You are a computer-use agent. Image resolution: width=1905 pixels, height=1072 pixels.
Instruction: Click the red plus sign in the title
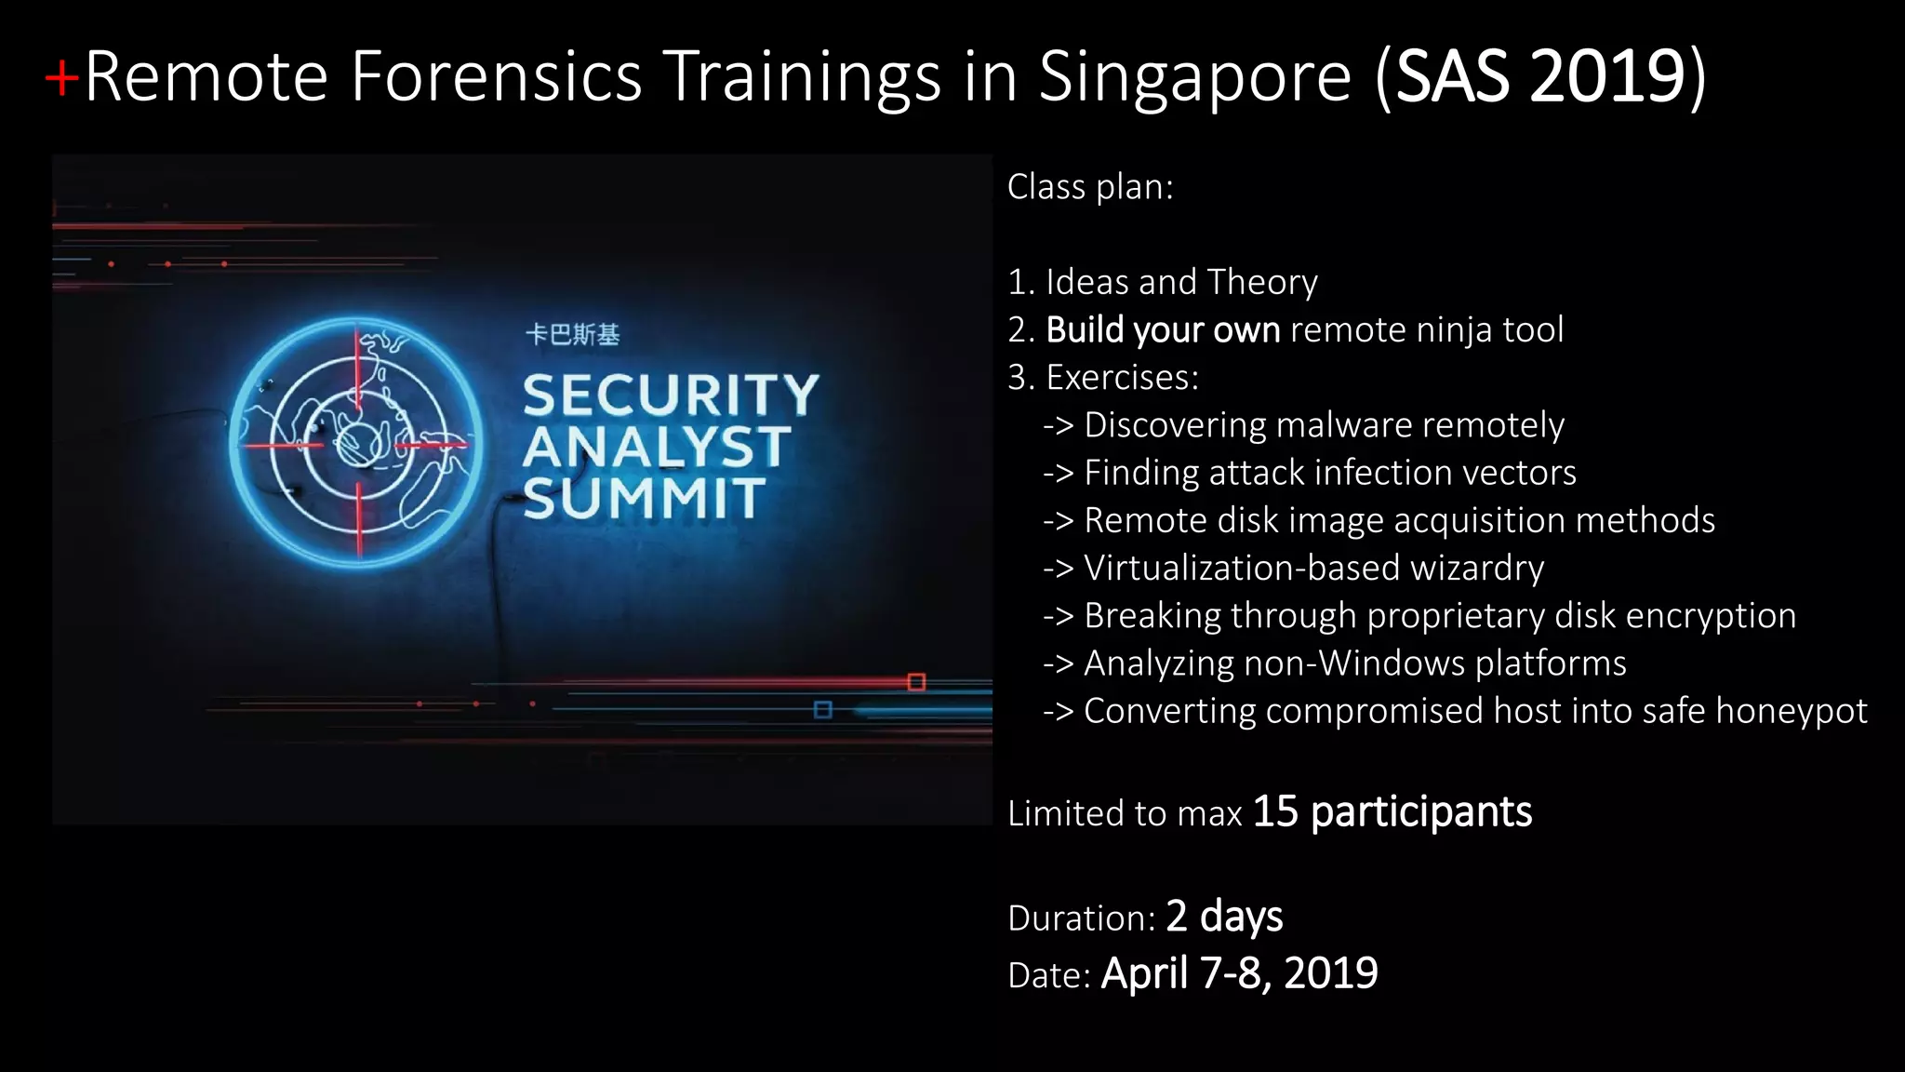61,78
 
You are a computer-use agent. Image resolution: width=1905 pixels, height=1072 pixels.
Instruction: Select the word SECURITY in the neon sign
670,395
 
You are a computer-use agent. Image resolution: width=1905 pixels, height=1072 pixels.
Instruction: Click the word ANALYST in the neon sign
657,447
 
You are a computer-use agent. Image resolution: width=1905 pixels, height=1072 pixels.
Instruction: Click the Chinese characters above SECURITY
572,335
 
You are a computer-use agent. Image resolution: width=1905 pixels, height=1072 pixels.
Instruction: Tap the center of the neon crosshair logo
358,444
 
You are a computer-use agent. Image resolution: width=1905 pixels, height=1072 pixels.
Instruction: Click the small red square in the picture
916,682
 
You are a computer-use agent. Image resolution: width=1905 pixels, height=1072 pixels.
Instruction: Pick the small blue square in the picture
822,710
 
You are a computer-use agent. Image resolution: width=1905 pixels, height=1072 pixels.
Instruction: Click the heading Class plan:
1090,187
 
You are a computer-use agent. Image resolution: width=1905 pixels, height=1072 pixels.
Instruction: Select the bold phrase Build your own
1163,330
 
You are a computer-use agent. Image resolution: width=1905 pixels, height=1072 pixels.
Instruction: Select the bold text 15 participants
1392,811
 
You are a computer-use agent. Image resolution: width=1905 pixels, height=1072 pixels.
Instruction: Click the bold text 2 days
1224,917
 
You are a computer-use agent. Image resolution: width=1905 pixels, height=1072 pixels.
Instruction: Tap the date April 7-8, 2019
1239,973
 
